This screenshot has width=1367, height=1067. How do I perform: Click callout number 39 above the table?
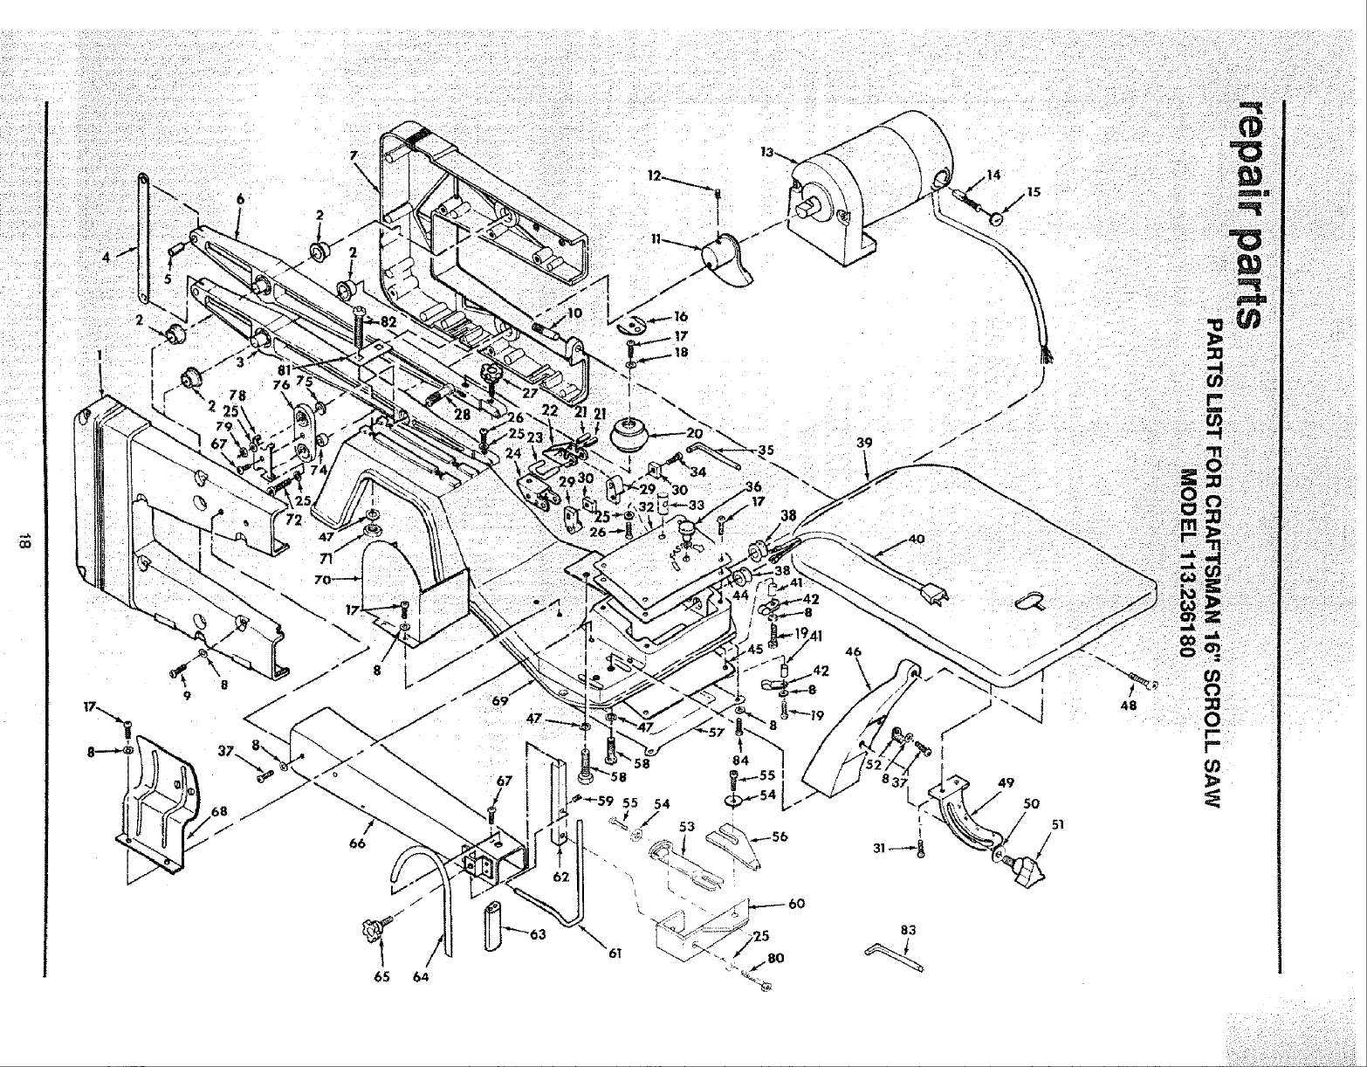coord(864,444)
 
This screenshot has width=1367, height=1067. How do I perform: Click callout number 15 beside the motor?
coord(1034,192)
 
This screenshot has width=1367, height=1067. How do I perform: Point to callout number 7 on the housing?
coord(354,155)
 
